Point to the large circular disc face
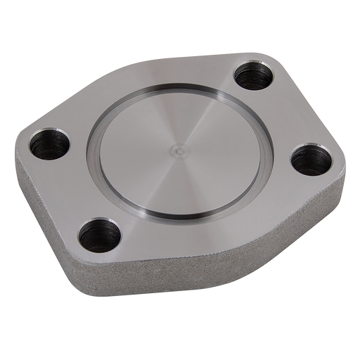[x=162, y=169]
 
